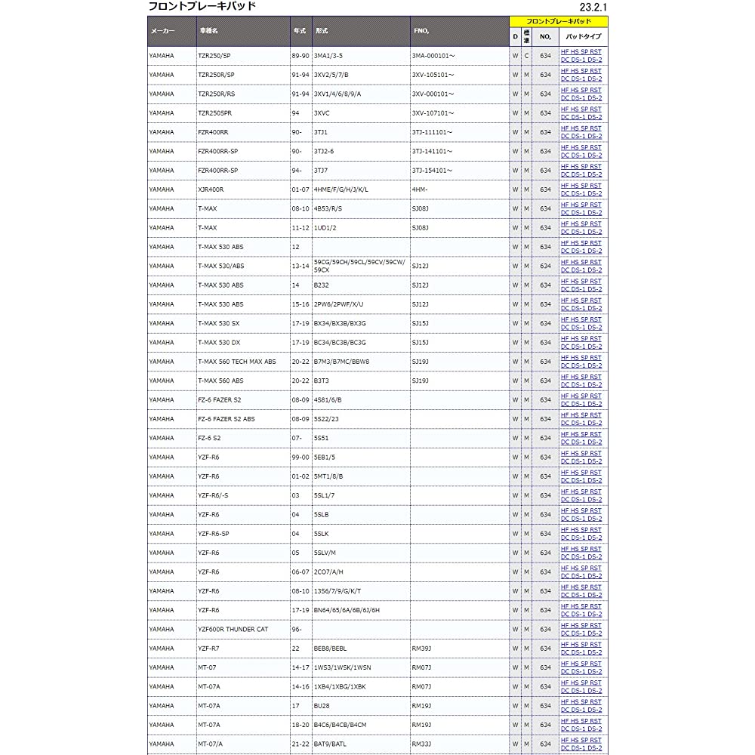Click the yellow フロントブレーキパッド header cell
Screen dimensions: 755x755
pyautogui.click(x=559, y=21)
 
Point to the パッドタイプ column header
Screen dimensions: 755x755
pyautogui.click(x=583, y=35)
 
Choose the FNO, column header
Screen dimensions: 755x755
pyautogui.click(x=421, y=32)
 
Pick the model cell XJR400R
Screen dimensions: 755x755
pyautogui.click(x=211, y=190)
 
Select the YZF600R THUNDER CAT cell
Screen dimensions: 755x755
pyautogui.click(x=233, y=629)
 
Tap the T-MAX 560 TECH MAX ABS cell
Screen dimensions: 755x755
pyautogui.click(x=236, y=362)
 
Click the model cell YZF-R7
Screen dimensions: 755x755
pyautogui.click(x=208, y=648)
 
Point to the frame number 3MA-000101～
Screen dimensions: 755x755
pyautogui.click(x=433, y=56)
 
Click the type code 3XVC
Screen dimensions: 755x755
pyautogui.click(x=322, y=113)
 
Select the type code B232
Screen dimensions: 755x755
pyautogui.click(x=322, y=285)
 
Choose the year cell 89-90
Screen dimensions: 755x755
pyautogui.click(x=300, y=56)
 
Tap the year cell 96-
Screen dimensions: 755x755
pyautogui.click(x=297, y=629)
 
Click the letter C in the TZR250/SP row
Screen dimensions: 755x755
pyautogui.click(x=526, y=56)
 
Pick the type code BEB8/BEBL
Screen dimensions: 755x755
pyautogui.click(x=330, y=648)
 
